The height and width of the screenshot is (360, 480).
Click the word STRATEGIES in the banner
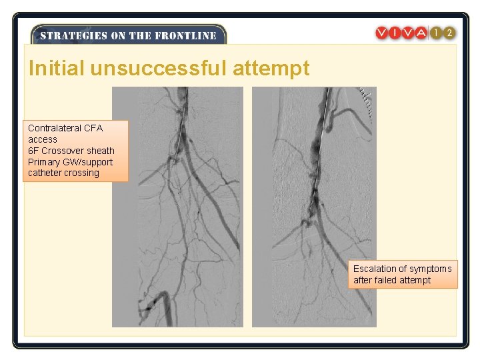tap(68, 36)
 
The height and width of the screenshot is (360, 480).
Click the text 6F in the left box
tap(33, 151)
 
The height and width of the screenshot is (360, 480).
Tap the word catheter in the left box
tap(45, 173)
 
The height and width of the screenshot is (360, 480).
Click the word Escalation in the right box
tap(375, 269)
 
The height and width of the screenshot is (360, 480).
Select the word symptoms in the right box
tap(431, 269)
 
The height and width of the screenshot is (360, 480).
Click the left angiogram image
tap(177, 207)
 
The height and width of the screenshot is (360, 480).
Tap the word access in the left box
tap(43, 139)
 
